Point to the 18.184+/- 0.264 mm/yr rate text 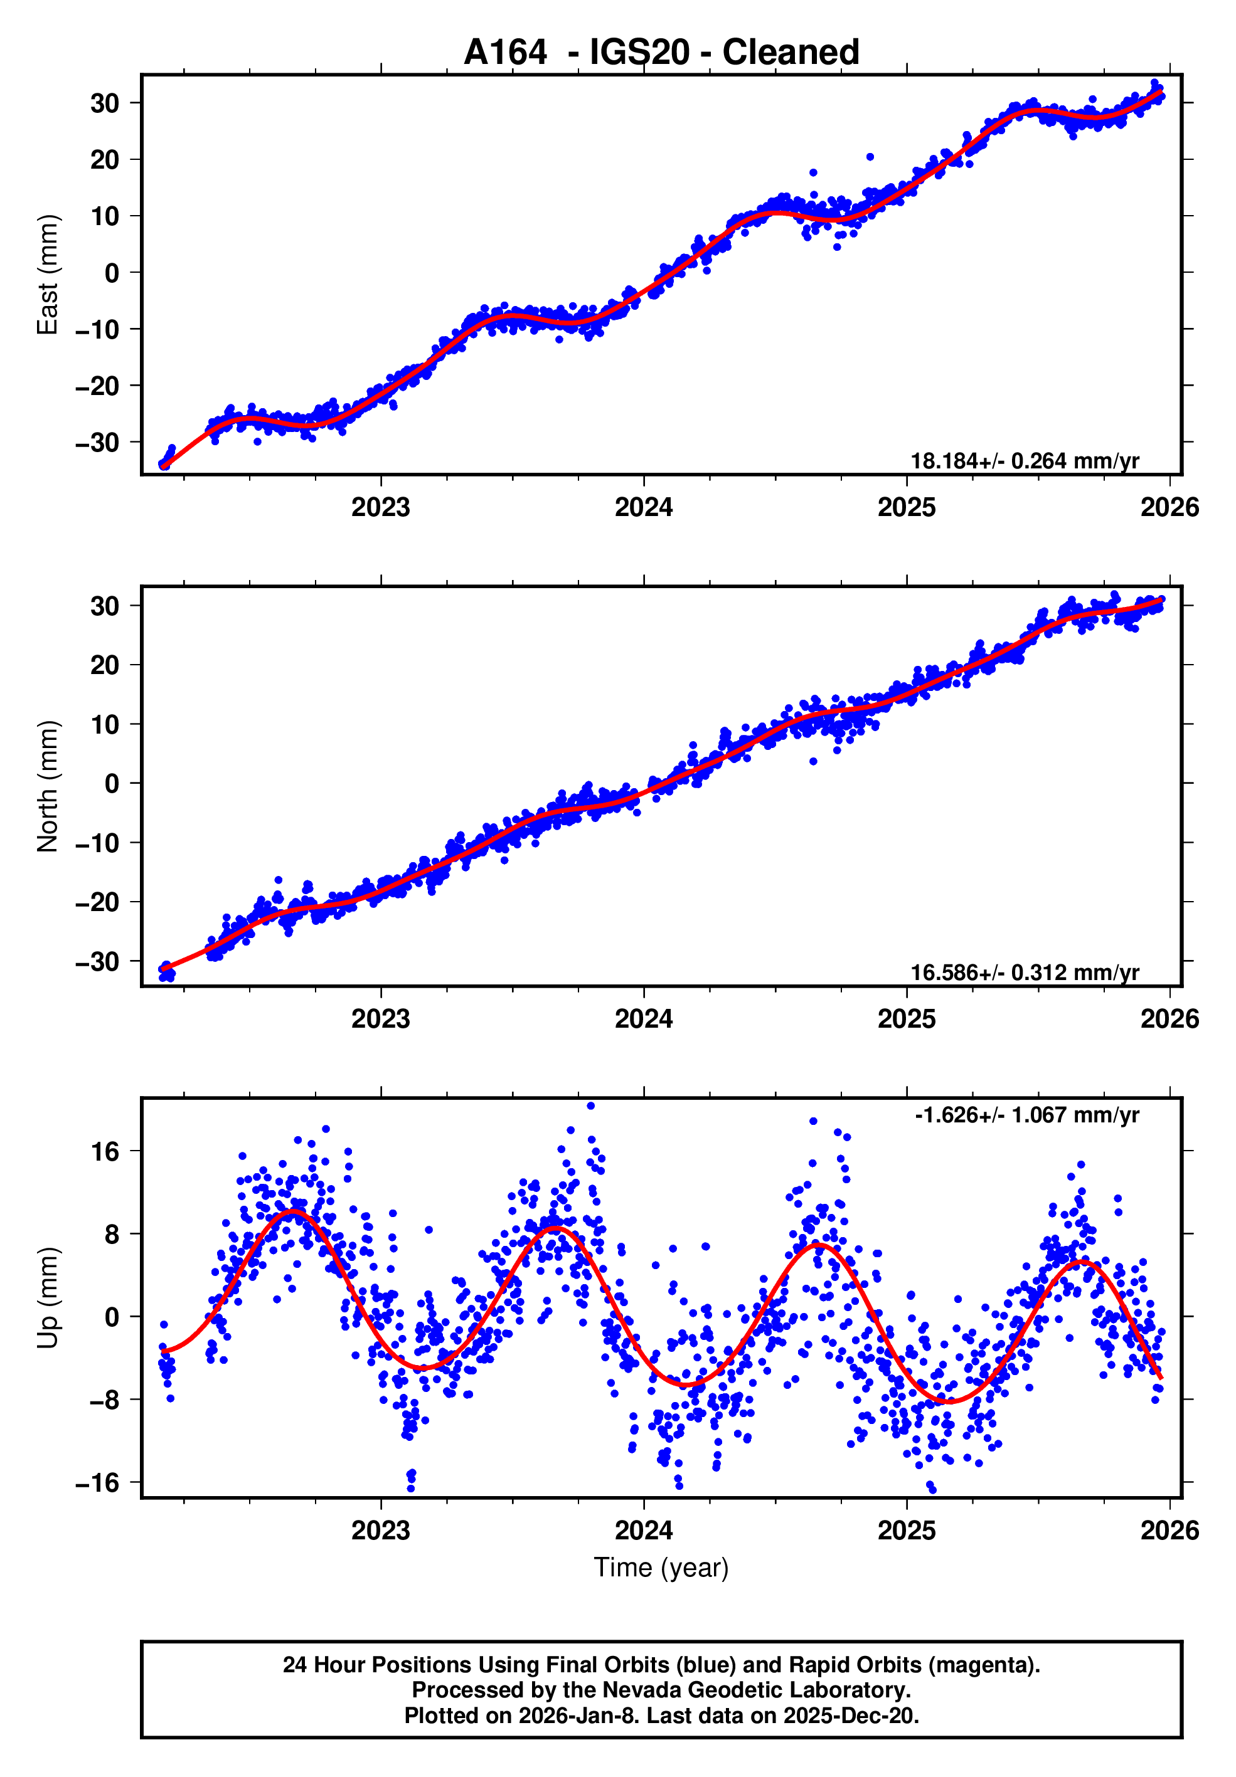coord(1024,461)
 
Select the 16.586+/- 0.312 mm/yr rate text coord(1024,973)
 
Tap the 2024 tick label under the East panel coord(644,508)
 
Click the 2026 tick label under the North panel coord(1169,1020)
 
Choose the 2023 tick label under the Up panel coord(380,1530)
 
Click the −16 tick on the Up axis coord(98,1482)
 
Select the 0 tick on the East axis coord(112,273)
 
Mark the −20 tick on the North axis coord(98,902)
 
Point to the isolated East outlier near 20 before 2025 coord(870,157)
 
